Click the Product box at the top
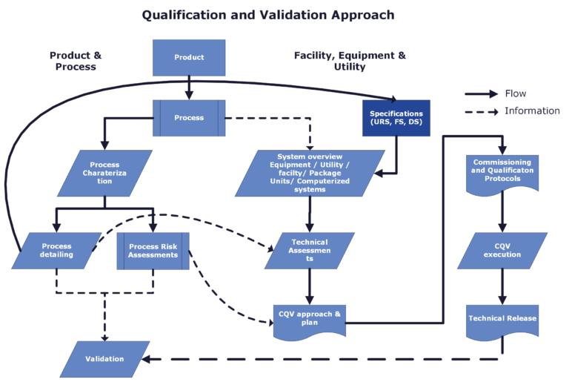point(189,57)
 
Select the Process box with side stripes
point(189,118)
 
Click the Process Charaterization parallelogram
point(104,173)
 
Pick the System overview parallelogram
point(310,173)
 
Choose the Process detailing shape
point(57,251)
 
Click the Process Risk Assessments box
point(153,251)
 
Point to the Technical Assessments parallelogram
point(310,251)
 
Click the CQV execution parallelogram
point(502,251)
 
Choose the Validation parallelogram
point(104,359)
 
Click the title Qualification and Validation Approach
point(268,15)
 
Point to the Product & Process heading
point(76,61)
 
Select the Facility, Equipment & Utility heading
point(350,61)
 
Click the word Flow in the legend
point(516,93)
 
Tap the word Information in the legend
point(532,111)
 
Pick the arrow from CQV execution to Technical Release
point(502,286)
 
